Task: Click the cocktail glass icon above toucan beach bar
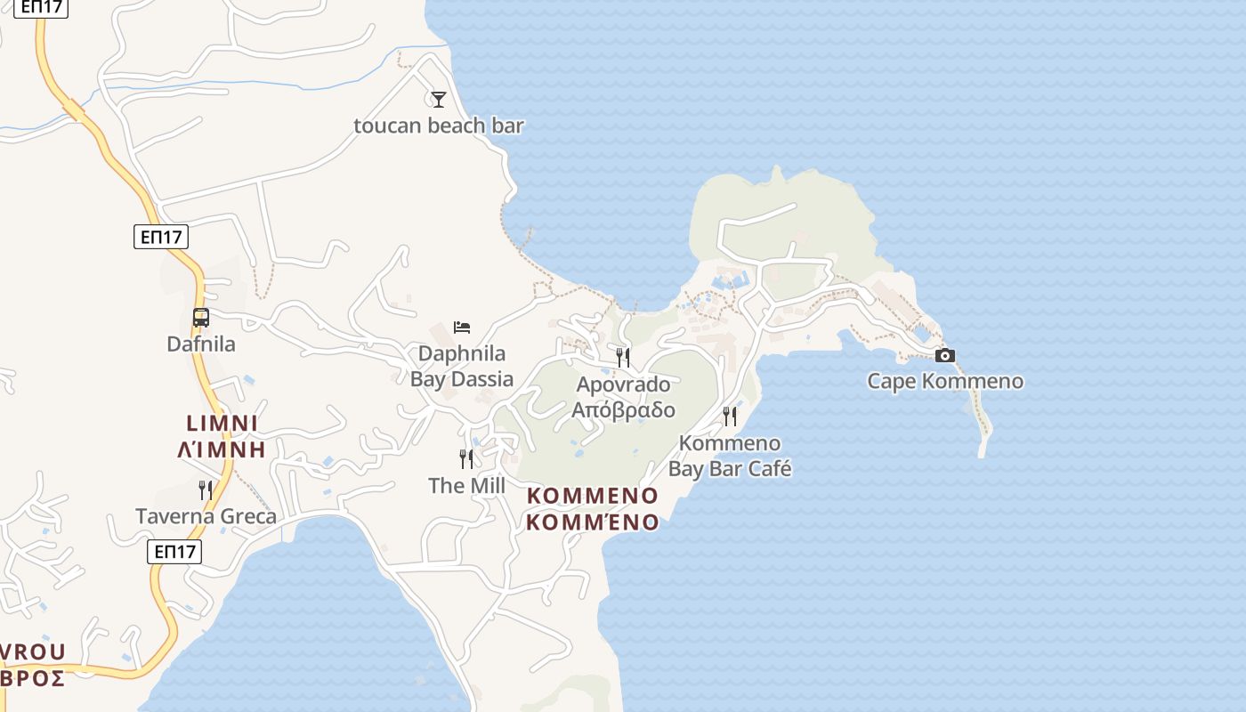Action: coord(438,99)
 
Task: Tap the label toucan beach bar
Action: coord(439,125)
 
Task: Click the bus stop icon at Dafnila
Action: coord(201,318)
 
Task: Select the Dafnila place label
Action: coord(201,344)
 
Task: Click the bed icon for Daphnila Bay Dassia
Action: coord(462,328)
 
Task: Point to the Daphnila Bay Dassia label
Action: coord(462,366)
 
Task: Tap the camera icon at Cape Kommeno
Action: coord(945,356)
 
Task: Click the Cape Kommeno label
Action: coord(945,382)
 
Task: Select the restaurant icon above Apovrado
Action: coord(623,358)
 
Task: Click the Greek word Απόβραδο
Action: coord(623,410)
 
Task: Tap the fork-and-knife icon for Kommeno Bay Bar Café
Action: coord(730,417)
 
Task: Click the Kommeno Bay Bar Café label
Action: coord(730,456)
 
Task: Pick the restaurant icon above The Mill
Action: coord(466,459)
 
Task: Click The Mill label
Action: coord(466,486)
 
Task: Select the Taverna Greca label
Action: coord(206,516)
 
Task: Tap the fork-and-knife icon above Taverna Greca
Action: coord(206,489)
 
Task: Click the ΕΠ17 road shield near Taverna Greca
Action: coord(174,552)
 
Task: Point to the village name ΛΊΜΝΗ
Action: coord(222,449)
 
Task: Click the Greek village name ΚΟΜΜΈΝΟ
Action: coord(592,522)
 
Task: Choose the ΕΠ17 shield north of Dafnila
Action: coord(161,237)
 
